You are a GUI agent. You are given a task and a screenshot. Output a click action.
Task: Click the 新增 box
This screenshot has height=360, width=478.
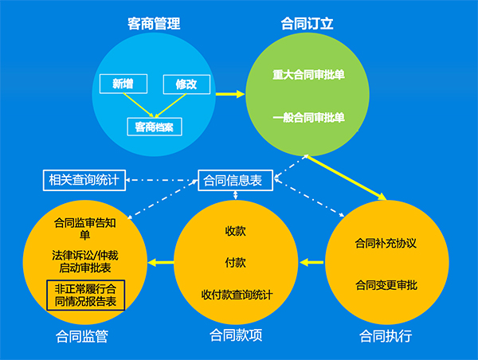[123, 84]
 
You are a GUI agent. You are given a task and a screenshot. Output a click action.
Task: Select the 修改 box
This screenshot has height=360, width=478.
[186, 84]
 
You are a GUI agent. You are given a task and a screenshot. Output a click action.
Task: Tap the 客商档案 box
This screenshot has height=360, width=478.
[155, 127]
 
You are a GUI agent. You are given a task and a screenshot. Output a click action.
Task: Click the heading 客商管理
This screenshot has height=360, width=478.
[154, 24]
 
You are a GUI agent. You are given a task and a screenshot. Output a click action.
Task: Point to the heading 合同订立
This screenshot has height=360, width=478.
[307, 23]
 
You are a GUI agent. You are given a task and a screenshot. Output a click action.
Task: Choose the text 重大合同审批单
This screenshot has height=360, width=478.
[308, 75]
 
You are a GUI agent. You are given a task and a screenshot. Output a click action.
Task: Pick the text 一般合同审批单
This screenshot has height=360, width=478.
[308, 117]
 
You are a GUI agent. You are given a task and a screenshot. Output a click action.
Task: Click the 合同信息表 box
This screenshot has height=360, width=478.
[235, 180]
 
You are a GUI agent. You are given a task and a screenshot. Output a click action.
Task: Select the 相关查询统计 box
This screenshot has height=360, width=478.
[84, 180]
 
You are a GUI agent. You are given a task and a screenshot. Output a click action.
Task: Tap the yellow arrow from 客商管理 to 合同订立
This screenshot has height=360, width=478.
[230, 94]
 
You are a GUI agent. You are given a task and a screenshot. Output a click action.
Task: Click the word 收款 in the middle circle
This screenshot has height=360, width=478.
[235, 231]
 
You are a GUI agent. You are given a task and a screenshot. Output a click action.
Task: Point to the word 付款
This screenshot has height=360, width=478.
[235, 263]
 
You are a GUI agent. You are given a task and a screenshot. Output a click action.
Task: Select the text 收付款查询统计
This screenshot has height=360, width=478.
[237, 295]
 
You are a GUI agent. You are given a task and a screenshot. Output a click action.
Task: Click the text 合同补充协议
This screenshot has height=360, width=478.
[386, 243]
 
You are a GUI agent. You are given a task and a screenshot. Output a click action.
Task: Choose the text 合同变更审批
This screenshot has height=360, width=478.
[386, 285]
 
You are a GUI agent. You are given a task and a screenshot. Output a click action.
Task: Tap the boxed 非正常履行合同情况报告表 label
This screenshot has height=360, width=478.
[86, 295]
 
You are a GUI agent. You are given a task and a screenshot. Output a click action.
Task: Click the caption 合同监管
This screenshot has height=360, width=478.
[82, 337]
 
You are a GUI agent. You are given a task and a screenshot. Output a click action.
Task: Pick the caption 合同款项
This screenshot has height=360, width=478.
[236, 335]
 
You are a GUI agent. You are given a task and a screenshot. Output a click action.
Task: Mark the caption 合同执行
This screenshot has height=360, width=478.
[386, 336]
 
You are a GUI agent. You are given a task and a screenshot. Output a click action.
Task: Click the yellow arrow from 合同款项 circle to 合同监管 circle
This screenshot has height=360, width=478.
[161, 262]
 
